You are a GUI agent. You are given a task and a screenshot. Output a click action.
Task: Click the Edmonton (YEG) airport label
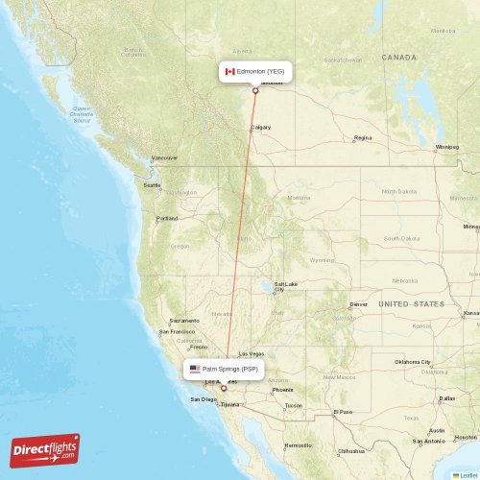tap(260, 71)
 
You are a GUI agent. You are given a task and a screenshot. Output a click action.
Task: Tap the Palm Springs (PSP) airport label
tap(230, 369)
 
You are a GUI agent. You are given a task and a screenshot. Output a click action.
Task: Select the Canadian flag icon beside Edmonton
tap(229, 71)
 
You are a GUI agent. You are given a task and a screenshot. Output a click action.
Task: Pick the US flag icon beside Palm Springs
tap(195, 369)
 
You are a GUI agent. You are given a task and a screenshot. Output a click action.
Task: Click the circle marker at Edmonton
tap(255, 91)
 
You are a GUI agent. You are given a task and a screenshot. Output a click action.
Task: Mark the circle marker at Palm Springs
tap(224, 389)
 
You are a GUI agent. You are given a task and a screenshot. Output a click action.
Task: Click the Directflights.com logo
tap(45, 449)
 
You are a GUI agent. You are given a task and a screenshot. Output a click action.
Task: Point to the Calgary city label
tap(260, 128)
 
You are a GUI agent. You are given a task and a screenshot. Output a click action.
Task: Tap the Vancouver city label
tap(164, 157)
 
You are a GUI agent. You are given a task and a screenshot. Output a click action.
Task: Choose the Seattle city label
tap(153, 185)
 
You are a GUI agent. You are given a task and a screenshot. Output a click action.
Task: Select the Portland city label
tap(167, 218)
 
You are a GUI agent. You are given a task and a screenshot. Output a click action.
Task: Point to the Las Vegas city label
tap(252, 353)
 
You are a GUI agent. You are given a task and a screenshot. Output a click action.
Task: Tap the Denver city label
tap(358, 304)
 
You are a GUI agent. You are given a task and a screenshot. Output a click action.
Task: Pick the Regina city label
tap(362, 138)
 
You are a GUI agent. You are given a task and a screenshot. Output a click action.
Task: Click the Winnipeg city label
tap(447, 147)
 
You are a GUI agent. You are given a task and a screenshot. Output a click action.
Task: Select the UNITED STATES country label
tap(411, 303)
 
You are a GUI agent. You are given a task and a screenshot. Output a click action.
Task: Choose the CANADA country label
tap(398, 58)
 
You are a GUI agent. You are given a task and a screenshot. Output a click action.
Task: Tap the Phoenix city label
tap(282, 390)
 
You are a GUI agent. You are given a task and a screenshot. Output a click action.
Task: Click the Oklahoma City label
tap(414, 362)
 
